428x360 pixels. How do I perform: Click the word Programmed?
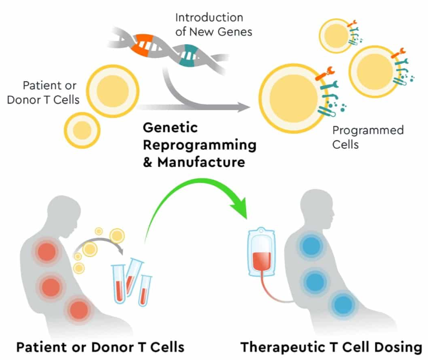tap(368, 131)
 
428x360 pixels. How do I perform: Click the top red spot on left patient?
tap(45, 252)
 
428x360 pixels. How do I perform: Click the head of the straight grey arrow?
tap(244, 107)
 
